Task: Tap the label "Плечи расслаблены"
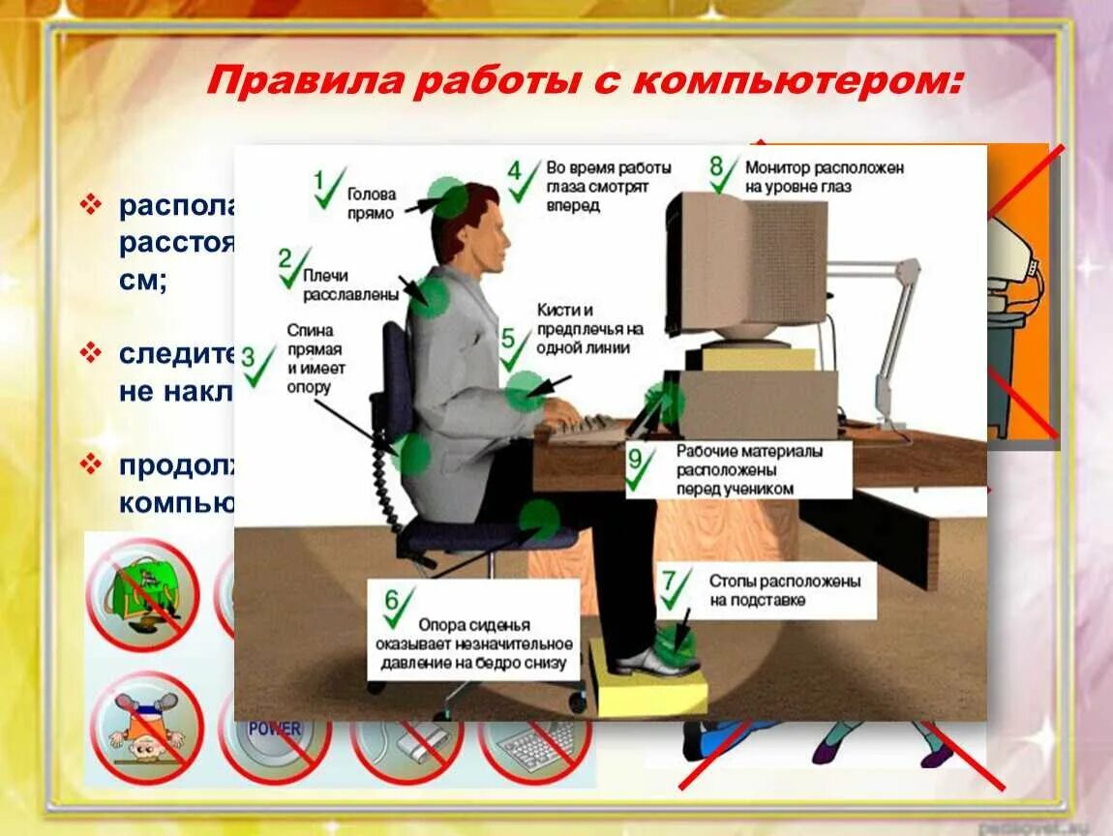pos(337,284)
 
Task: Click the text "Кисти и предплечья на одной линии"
pos(589,328)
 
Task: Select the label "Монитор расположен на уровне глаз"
pos(825,177)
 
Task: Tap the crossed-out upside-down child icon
pos(145,727)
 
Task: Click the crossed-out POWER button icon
pos(275,734)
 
